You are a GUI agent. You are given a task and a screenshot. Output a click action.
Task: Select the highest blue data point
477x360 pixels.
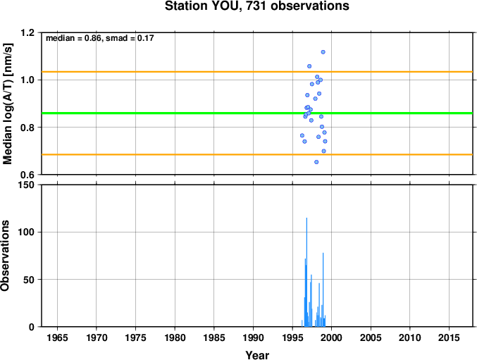[323, 52]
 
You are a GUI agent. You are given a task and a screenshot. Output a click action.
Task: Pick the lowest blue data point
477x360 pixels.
[316, 162]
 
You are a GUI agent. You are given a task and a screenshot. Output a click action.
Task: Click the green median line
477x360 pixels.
[257, 113]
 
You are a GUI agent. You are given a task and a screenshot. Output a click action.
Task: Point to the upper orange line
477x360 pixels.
[257, 72]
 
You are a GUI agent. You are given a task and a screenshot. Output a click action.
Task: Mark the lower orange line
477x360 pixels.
[257, 155]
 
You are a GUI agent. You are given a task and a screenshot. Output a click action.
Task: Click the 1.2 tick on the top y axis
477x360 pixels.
[28, 32]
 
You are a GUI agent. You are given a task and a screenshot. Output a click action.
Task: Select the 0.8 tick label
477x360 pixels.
[28, 128]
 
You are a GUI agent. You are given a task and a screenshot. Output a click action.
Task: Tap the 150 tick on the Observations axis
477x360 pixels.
[26, 185]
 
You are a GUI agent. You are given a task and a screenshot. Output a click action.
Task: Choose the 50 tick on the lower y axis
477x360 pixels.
[29, 280]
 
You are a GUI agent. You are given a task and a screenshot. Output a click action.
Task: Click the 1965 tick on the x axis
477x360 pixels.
[57, 337]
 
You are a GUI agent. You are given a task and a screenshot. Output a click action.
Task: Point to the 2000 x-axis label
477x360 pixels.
[332, 337]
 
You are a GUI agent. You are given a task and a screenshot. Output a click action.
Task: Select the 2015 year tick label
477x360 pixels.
[449, 337]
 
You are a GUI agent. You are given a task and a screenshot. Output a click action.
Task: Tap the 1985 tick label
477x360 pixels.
[214, 337]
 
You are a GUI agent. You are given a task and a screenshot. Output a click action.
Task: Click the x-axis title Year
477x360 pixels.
[257, 355]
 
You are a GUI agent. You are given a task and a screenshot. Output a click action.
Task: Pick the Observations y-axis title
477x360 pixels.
[5, 256]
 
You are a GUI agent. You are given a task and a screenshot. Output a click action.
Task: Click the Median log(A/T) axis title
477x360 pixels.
[8, 104]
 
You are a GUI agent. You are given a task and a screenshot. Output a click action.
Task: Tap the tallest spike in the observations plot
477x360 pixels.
[306, 272]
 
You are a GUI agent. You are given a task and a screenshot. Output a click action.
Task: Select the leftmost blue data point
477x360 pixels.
[302, 135]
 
